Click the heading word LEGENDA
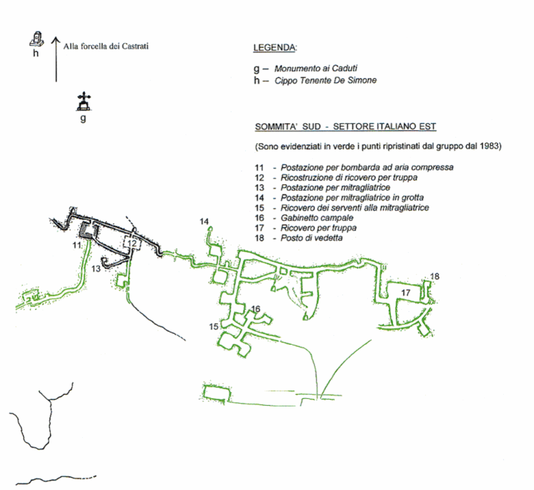274,48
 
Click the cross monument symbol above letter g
82,102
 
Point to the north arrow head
56,40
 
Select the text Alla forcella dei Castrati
106,46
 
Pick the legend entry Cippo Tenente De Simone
325,80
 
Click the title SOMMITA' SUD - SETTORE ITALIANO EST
345,127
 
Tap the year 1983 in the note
491,147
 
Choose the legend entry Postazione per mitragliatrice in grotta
351,198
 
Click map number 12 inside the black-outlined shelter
132,243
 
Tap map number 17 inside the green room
406,293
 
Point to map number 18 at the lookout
434,276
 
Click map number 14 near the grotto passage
204,221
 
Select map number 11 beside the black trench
77,244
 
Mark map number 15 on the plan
214,327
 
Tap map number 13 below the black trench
95,269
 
